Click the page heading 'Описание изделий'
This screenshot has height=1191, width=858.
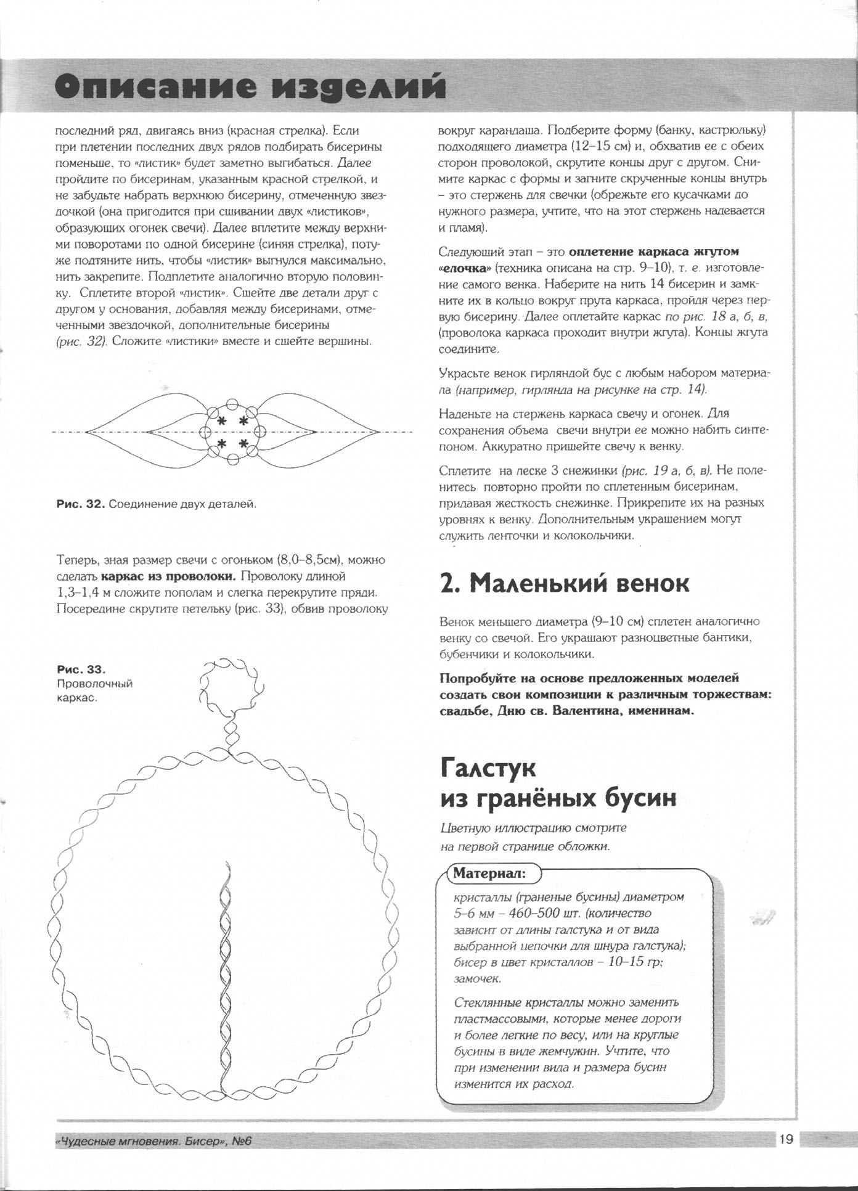250,88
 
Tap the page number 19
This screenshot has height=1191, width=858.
785,1140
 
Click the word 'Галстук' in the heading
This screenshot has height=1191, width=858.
488,769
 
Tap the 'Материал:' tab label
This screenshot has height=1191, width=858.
489,874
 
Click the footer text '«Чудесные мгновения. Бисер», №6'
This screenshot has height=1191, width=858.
154,1141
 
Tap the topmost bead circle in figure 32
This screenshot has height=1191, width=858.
232,404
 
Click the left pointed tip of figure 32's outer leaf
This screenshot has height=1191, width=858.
86,431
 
